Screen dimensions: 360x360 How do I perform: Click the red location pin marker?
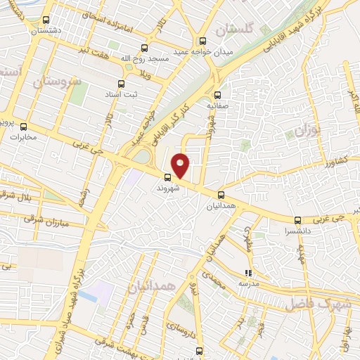[x=181, y=165]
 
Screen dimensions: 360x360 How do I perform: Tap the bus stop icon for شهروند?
[x=168, y=177]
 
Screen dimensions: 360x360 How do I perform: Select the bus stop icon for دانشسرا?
[x=297, y=220]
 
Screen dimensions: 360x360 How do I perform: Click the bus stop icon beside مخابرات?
[x=25, y=127]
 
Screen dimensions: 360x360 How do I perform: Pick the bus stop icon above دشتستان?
[x=46, y=20]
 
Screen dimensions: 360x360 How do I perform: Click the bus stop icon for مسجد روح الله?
[x=144, y=49]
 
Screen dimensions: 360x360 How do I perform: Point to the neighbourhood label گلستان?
[x=233, y=30]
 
